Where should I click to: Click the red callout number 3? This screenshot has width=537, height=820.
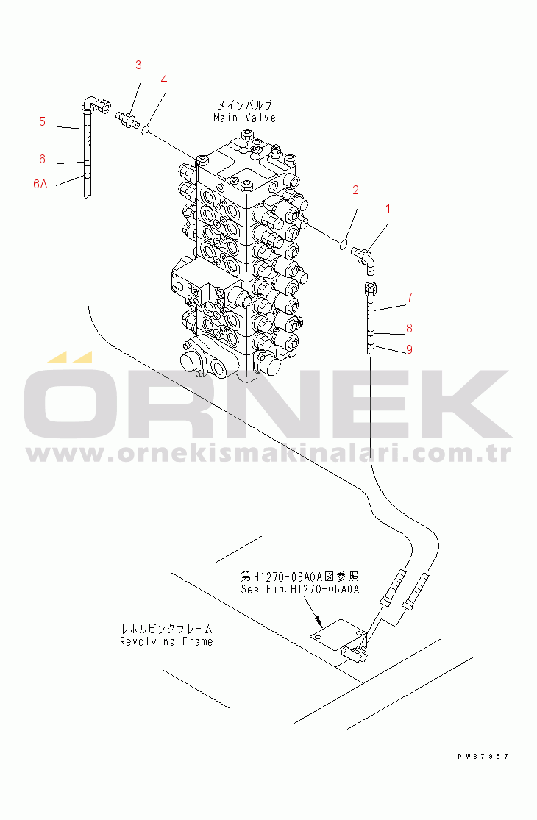pos(138,65)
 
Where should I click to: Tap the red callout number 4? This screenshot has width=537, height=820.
pos(164,79)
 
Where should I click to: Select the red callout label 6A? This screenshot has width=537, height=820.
pos(40,184)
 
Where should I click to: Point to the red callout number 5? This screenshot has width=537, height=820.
pos(43,121)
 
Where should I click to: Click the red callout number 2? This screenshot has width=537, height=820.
pos(355,190)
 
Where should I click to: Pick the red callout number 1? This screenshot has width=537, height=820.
pos(388,208)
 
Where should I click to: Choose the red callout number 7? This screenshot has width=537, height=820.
pos(410,297)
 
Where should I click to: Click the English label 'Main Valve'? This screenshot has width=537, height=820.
pos(245,118)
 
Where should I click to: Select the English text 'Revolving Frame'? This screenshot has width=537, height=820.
pos(166,642)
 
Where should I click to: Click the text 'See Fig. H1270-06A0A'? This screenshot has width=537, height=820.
pos(300,589)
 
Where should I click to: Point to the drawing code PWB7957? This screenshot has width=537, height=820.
pos(483,756)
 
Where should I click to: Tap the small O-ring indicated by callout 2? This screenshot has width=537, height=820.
pos(344,243)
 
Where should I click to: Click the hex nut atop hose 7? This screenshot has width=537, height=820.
pos(370,288)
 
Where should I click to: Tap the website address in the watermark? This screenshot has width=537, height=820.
pos(268,454)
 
